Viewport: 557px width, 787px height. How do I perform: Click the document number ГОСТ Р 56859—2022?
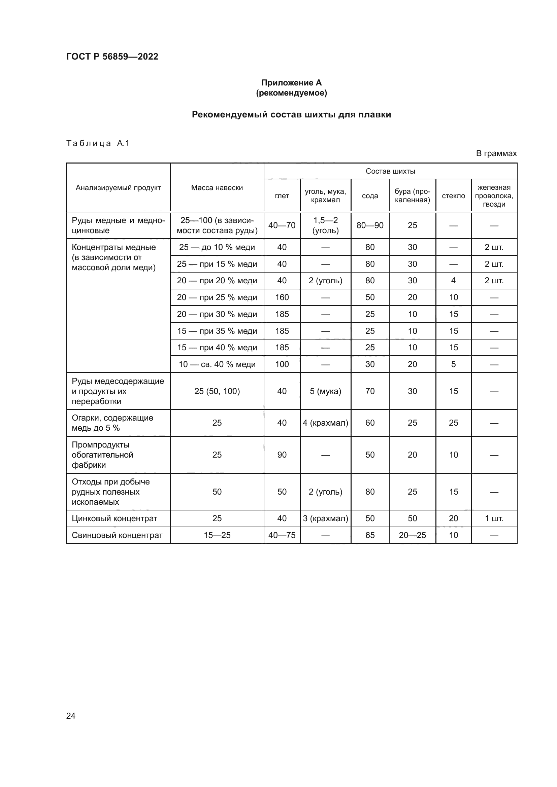[x=112, y=57]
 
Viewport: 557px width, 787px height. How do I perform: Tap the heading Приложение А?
[x=291, y=83]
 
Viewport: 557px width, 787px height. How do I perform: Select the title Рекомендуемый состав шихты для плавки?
[x=291, y=114]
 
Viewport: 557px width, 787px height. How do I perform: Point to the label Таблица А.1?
[x=98, y=143]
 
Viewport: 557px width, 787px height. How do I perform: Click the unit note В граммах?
[x=496, y=153]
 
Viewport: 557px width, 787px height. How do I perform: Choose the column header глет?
[x=282, y=196]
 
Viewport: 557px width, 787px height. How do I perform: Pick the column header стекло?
[x=453, y=196]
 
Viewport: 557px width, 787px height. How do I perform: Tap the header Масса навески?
[x=217, y=187]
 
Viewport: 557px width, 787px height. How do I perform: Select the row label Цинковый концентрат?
[x=114, y=518]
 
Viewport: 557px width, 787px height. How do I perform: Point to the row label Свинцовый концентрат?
[x=117, y=535]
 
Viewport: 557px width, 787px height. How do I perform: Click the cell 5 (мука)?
[x=325, y=391]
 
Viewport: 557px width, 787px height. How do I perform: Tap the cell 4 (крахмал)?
[x=325, y=423]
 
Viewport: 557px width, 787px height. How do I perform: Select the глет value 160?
[x=282, y=297]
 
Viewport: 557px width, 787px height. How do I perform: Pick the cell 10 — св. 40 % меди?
[x=217, y=364]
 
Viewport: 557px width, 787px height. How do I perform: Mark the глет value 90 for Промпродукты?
[x=282, y=455]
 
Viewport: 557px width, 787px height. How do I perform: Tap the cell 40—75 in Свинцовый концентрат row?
[x=282, y=535]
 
